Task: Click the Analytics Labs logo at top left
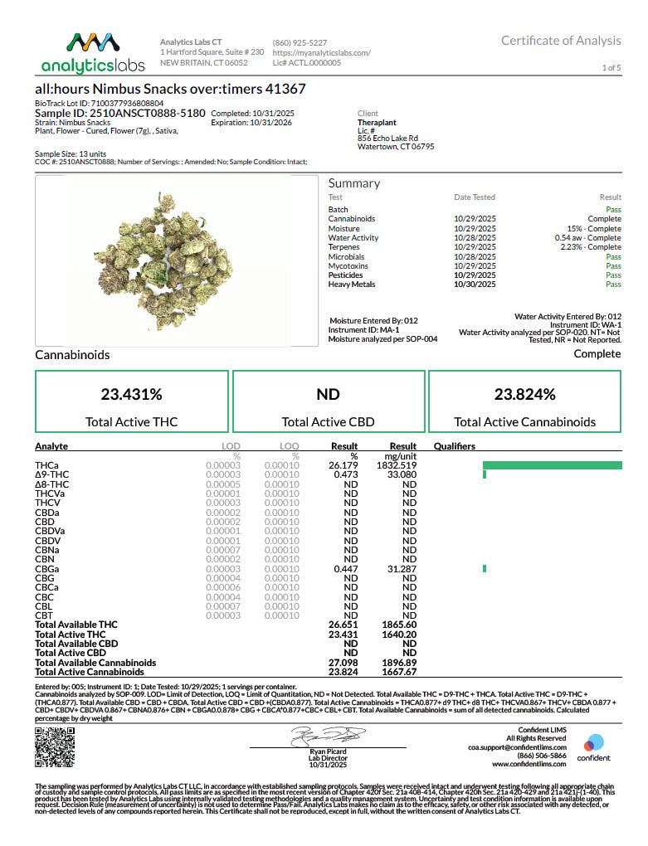pos(92,51)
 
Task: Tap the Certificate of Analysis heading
pos(561,41)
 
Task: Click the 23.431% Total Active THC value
pos(131,394)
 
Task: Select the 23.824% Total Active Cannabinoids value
pos(524,394)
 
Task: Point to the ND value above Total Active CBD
pos(328,394)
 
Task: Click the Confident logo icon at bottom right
pos(594,742)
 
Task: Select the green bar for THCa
pos(552,465)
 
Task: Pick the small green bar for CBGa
pos(485,568)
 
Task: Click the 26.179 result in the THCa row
pos(343,465)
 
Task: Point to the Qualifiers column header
pos(454,446)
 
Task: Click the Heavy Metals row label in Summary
pos(352,284)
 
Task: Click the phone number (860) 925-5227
pos(300,42)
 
